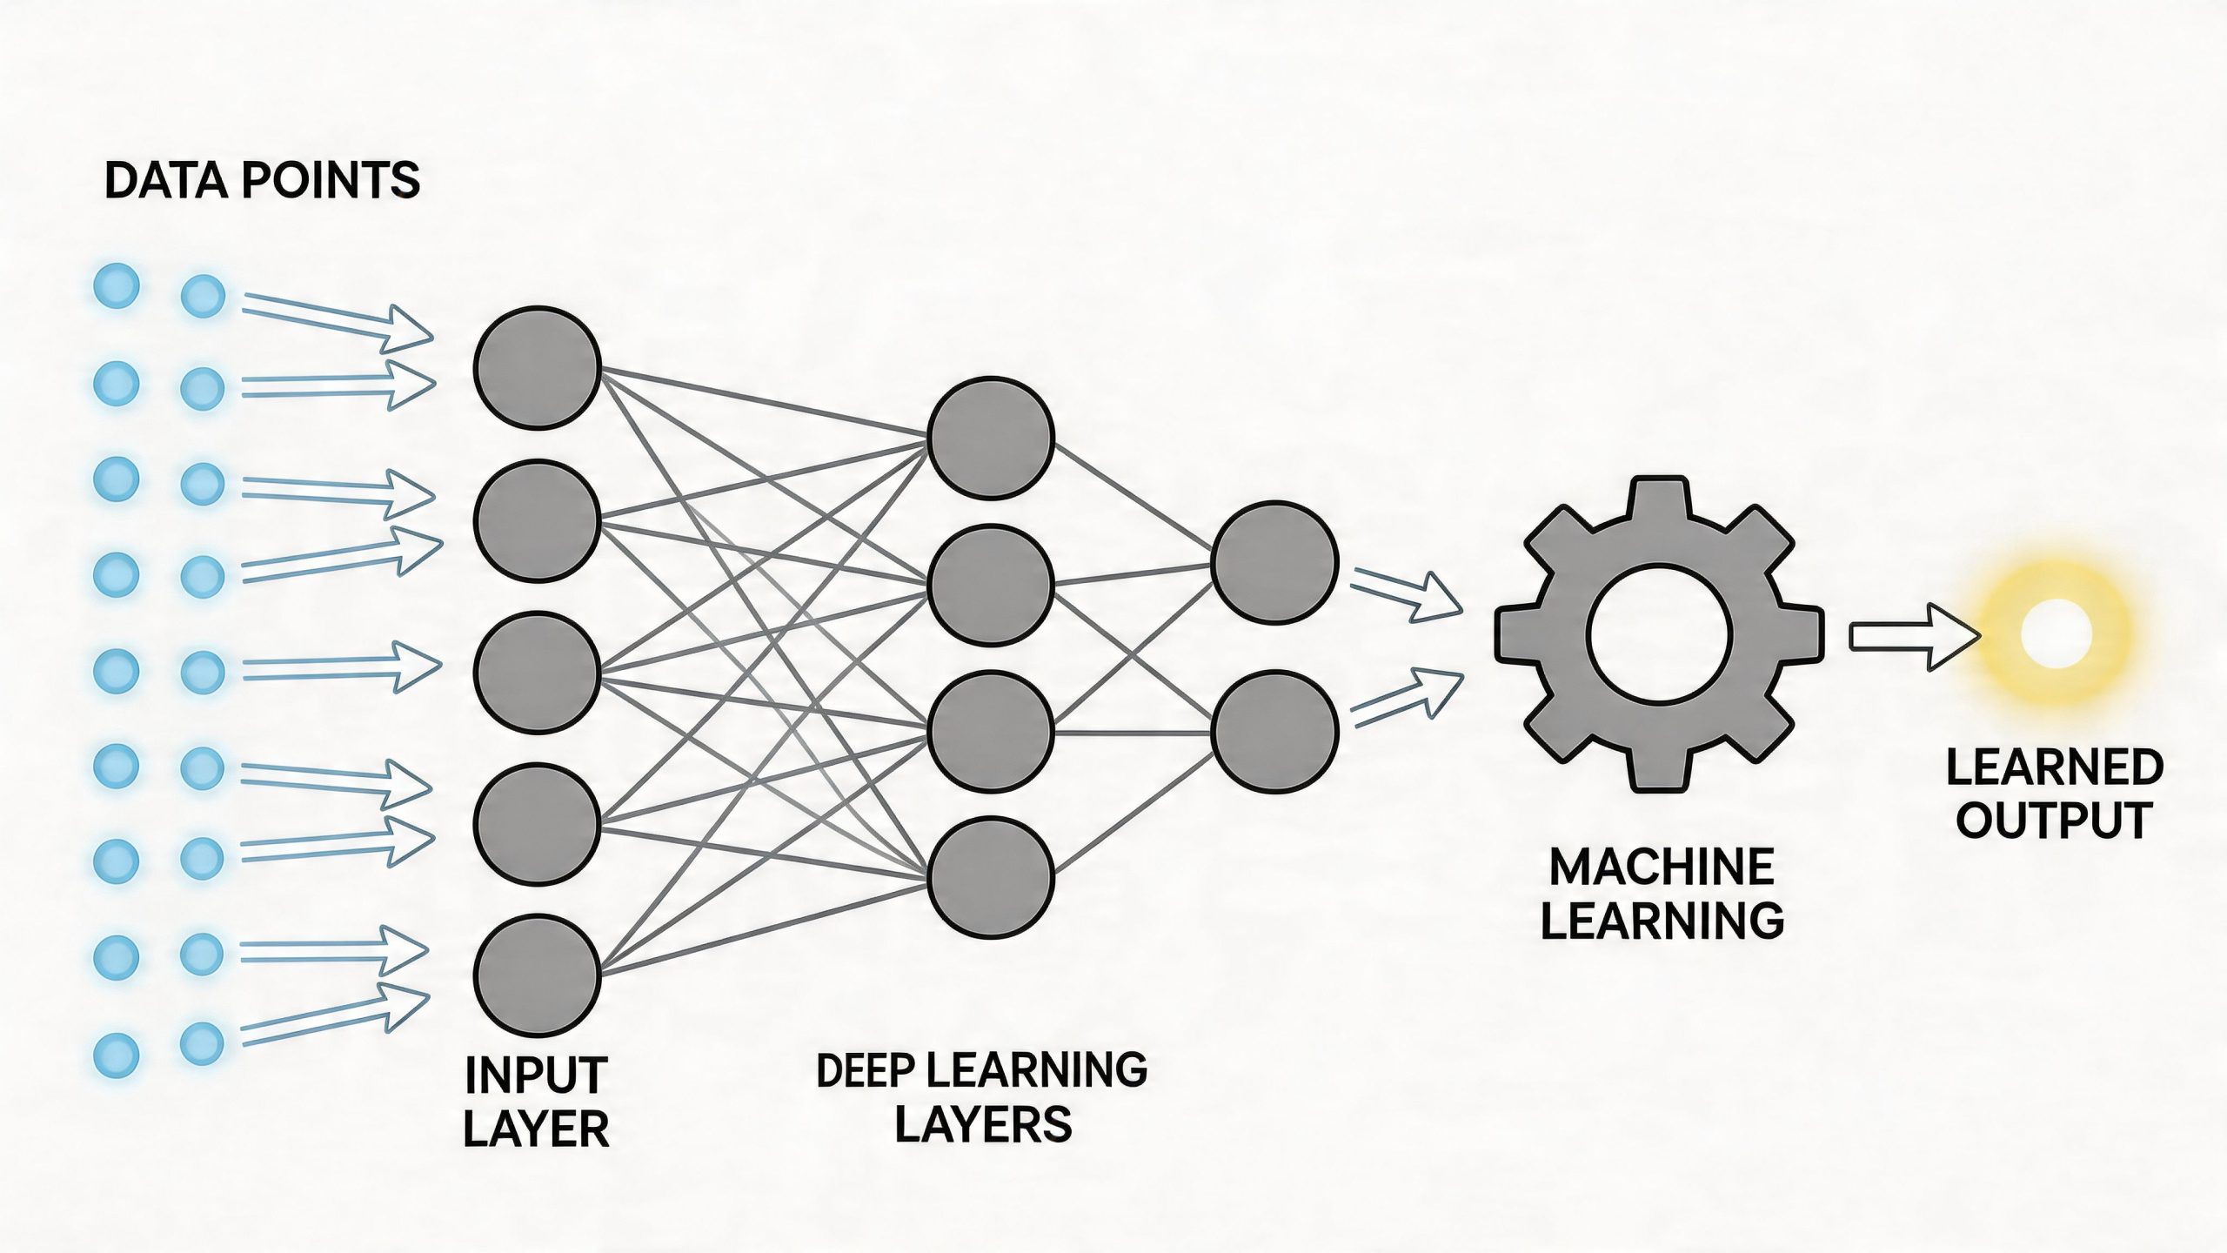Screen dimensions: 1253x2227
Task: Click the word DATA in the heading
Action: [165, 181]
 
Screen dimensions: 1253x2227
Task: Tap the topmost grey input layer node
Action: [537, 367]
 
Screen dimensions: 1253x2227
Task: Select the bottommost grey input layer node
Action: [537, 975]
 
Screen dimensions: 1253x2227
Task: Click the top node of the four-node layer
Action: [991, 438]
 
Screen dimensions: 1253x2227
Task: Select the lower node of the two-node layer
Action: [1274, 730]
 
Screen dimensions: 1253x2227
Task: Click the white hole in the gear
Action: [1658, 633]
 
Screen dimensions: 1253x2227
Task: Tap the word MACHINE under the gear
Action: [1662, 868]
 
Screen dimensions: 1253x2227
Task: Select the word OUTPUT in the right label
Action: [2054, 820]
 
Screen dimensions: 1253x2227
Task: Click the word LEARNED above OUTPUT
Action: [2054, 767]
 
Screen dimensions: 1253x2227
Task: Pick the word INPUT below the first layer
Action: [536, 1075]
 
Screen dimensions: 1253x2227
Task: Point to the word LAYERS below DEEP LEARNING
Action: [983, 1123]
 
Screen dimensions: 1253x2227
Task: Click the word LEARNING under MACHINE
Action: [1662, 921]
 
